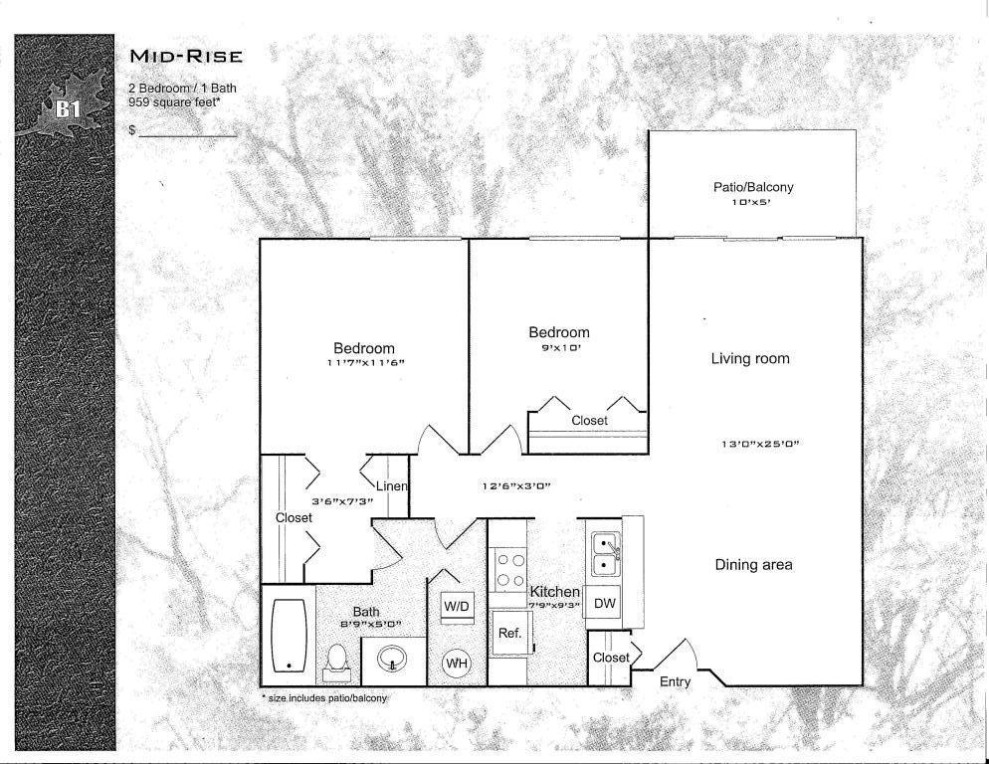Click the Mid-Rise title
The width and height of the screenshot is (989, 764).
[186, 56]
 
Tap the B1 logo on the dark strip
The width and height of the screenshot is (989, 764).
[68, 109]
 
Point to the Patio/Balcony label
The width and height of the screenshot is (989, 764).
[753, 187]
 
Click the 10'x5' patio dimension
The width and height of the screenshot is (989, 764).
[751, 203]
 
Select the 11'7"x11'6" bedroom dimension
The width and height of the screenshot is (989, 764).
[365, 363]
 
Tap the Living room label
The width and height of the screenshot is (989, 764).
[750, 358]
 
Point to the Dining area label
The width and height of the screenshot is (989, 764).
[754, 565]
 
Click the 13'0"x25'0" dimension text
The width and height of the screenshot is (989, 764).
[760, 444]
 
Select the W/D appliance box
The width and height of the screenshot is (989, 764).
[457, 607]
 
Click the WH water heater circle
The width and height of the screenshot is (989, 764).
[457, 664]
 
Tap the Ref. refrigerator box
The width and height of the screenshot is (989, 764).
[510, 633]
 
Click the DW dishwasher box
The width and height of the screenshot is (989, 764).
[604, 604]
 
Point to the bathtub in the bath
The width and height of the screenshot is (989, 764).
[289, 636]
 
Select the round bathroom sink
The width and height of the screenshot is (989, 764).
[393, 660]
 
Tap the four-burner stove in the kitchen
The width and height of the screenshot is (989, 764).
[510, 570]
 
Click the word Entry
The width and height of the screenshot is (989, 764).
[675, 681]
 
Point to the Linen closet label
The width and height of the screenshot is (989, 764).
[392, 486]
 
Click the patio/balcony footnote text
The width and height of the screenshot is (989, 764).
[324, 698]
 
